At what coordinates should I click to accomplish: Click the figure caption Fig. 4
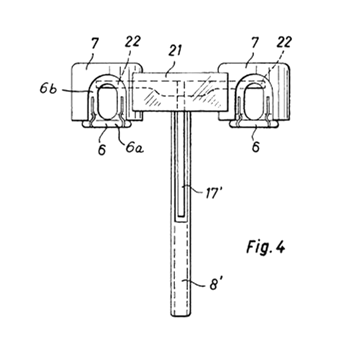click(x=266, y=247)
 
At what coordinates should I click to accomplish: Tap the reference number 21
click(x=175, y=50)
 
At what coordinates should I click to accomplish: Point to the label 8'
click(x=215, y=284)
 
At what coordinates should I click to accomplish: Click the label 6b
click(x=48, y=88)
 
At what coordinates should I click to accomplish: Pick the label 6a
click(x=134, y=147)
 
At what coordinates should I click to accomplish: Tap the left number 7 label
click(x=95, y=44)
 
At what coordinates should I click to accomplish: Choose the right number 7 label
click(x=255, y=42)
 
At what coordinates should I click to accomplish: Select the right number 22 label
click(x=284, y=42)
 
